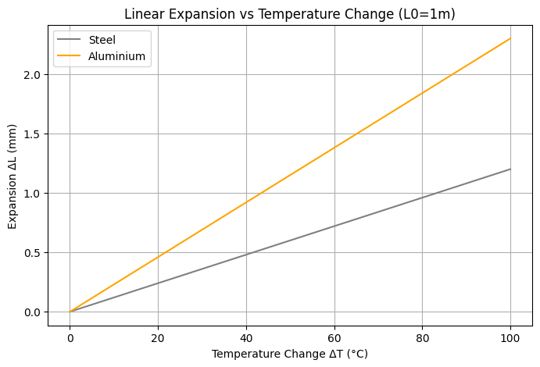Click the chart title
[x=290, y=13]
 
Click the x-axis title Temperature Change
[x=290, y=354]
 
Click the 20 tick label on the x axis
[x=158, y=337]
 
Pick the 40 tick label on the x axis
[x=246, y=337]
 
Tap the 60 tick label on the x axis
[x=334, y=337]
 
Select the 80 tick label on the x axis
[x=422, y=337]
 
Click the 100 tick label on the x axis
[x=510, y=337]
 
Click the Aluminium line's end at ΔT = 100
[x=510, y=38]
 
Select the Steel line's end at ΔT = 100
[x=510, y=169]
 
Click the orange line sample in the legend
[x=70, y=56]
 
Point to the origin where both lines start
[x=70, y=312]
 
